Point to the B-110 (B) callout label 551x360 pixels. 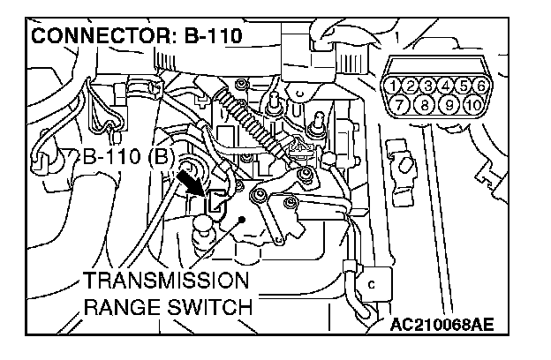click(124, 160)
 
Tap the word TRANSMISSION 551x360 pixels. click(166, 283)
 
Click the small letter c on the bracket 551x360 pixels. click(372, 284)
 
